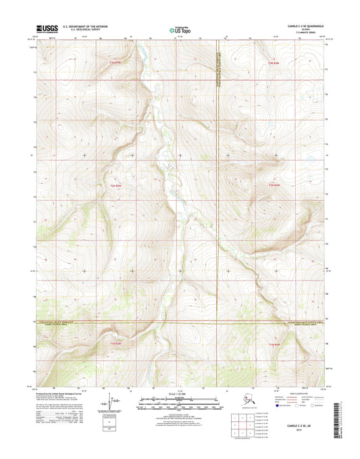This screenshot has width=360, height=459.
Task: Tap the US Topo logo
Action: pyautogui.click(x=179, y=30)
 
